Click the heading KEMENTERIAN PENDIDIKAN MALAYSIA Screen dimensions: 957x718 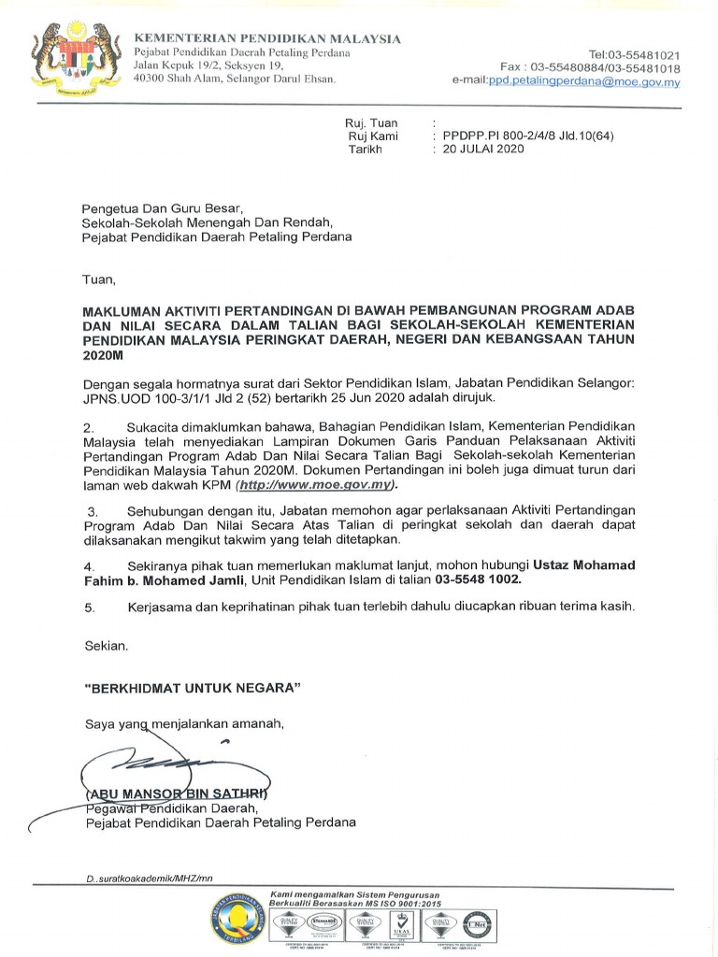pos(267,38)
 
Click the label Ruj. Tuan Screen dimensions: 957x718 pos(372,122)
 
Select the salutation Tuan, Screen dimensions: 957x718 pos(100,279)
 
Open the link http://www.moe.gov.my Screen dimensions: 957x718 pos(317,486)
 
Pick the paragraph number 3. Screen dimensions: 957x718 pos(92,512)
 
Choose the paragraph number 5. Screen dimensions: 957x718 pos(90,607)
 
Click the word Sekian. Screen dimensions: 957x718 pos(106,646)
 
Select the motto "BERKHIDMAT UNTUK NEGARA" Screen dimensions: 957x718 pos(193,689)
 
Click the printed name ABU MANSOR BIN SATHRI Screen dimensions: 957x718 pos(174,794)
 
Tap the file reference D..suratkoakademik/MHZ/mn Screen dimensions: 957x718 pos(149,878)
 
